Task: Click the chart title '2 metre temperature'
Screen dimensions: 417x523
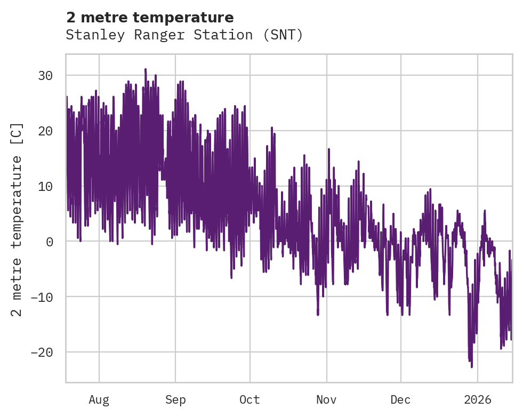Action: click(x=150, y=18)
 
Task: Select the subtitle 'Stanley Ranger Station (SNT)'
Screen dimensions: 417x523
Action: click(x=184, y=35)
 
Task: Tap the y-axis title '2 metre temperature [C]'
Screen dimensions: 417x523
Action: click(x=17, y=219)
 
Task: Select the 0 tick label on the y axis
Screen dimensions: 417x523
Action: click(x=49, y=242)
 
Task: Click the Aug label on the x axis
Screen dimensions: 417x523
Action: click(x=99, y=400)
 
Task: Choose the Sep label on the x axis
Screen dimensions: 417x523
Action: click(x=175, y=400)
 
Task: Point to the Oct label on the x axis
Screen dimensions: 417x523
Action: click(x=250, y=400)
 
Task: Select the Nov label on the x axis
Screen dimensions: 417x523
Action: click(x=326, y=400)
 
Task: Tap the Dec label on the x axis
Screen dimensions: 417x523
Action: click(x=400, y=400)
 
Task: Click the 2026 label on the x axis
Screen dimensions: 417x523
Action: click(x=478, y=400)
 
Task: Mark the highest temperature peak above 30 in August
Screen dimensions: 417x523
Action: click(x=145, y=69)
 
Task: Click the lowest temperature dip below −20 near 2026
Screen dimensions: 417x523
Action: click(x=471, y=366)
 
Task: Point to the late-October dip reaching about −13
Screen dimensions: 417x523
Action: click(x=318, y=315)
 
